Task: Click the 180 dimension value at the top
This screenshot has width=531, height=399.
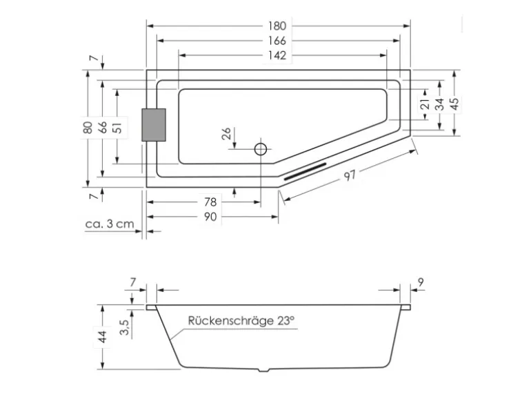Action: pos(278,26)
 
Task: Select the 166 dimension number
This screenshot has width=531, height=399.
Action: pos(278,41)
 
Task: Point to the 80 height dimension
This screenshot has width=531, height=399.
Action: pos(87,127)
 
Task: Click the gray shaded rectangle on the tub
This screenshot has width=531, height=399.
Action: pos(154,125)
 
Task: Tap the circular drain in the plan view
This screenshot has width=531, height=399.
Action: pos(261,148)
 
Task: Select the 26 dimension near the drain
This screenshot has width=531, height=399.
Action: pos(226,135)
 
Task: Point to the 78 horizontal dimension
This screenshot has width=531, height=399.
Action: pos(210,202)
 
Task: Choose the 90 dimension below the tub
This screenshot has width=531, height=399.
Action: pos(210,217)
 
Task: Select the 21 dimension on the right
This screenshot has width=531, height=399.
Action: pos(425,104)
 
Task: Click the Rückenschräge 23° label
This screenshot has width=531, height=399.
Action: pos(241,320)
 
